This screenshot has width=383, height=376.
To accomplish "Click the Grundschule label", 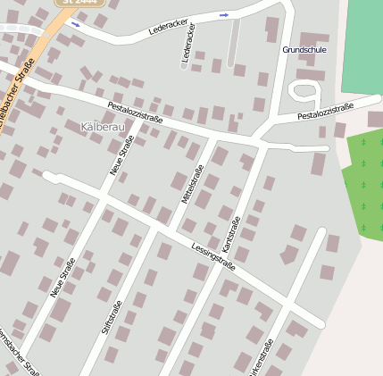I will tap(304, 49).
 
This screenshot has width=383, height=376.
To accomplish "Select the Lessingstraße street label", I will tap(213, 254).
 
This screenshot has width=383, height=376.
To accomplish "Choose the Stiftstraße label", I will tap(114, 319).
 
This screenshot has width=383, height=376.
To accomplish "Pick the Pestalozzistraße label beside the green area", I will tap(325, 112).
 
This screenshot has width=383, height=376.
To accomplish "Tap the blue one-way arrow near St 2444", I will tap(75, 24).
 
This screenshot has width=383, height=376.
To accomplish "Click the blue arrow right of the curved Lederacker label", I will tap(223, 15).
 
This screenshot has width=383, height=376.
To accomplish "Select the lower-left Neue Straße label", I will tap(62, 277).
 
